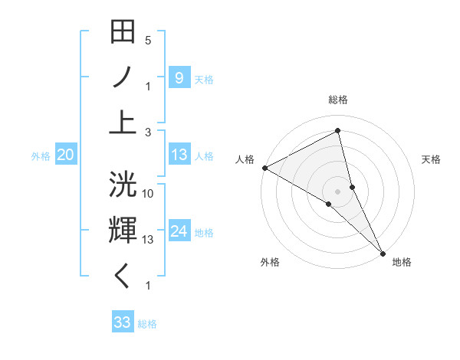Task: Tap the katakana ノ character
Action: pyautogui.click(x=123, y=77)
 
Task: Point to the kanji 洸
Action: pyautogui.click(x=123, y=186)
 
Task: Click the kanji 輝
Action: pyautogui.click(x=123, y=231)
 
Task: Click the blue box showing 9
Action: pyautogui.click(x=179, y=77)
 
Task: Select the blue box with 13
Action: pyautogui.click(x=179, y=155)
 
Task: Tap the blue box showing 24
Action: pyautogui.click(x=179, y=231)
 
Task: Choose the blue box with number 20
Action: pyautogui.click(x=66, y=155)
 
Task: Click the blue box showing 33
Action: pyautogui.click(x=123, y=322)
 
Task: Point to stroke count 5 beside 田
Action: pyautogui.click(x=148, y=40)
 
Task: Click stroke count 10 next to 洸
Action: pyautogui.click(x=148, y=194)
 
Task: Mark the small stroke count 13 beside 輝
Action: pyautogui.click(x=148, y=240)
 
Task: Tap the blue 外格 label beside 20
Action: pyautogui.click(x=41, y=156)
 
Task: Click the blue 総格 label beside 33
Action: pyautogui.click(x=147, y=324)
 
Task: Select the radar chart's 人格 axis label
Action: pyautogui.click(x=245, y=159)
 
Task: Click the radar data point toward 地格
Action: pyautogui.click(x=382, y=252)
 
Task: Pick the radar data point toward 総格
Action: pyautogui.click(x=338, y=131)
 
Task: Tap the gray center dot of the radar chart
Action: pyautogui.click(x=338, y=190)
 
